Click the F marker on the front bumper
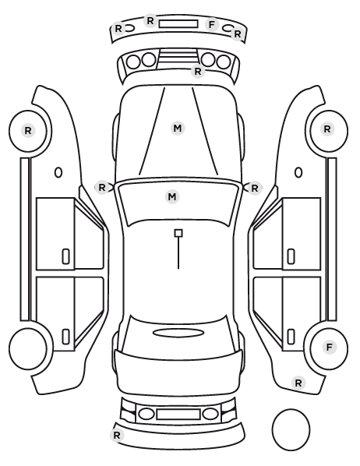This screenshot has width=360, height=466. coord(211,25)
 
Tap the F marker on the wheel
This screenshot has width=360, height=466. coord(329,347)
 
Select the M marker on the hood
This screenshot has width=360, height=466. coord(178,129)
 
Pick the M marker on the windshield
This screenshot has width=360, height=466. coord(172,196)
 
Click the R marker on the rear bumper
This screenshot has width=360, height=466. coord(117,436)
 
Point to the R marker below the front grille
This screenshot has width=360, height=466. coord(198,72)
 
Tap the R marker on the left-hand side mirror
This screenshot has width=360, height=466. coord(102,188)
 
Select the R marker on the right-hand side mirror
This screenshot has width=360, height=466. coord(255,188)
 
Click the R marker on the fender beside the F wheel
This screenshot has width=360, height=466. coord(298,383)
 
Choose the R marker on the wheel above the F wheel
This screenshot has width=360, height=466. coord(327,129)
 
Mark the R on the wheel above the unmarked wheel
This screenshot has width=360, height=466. coord(28,130)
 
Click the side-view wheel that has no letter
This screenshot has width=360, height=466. coord(28,348)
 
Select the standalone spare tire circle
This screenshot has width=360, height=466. coord(291,429)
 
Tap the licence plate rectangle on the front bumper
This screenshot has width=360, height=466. coord(178,24)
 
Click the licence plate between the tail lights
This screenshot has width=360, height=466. coord(178,414)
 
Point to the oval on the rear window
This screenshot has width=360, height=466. coord(178,333)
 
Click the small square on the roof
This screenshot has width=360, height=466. coord(178,233)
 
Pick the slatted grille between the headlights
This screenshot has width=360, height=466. coord(178,57)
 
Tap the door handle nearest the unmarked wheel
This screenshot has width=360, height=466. coord(65,337)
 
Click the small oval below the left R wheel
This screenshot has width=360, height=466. coord(58,172)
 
